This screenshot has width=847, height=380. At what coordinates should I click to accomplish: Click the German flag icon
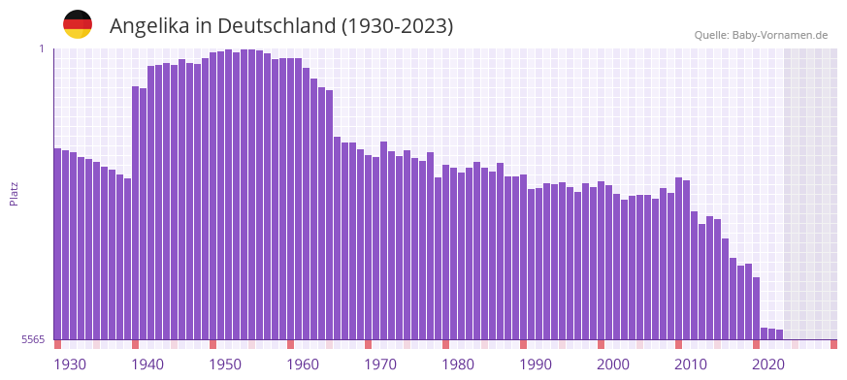coord(78,24)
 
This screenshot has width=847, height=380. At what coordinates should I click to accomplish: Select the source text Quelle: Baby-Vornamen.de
coord(761,35)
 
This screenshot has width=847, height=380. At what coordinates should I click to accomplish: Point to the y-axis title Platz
coord(14,193)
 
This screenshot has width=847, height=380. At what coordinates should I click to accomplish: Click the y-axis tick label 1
coord(42,48)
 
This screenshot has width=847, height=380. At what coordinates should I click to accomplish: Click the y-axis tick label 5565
coord(32,339)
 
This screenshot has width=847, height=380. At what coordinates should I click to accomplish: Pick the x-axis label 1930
coord(70,364)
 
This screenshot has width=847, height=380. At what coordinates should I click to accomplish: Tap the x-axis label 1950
coord(225,364)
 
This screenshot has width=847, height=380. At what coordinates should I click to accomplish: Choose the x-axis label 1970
coord(380,364)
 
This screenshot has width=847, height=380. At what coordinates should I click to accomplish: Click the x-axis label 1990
coord(536,364)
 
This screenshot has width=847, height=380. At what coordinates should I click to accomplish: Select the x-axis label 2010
coord(691,364)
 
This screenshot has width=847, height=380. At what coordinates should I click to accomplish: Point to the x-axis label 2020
coord(768,364)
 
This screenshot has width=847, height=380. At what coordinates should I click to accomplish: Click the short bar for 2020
coord(772,334)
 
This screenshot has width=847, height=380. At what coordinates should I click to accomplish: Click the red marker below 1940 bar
coord(136,344)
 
